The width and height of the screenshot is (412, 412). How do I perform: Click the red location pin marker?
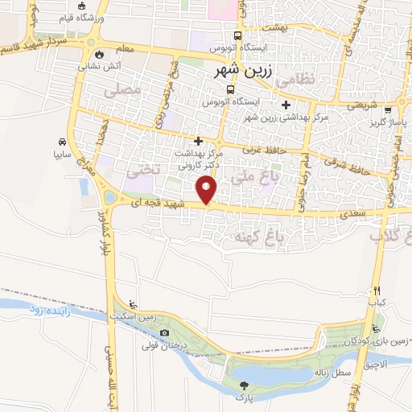pos(208,190)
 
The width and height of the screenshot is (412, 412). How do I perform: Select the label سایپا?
pos(63,151)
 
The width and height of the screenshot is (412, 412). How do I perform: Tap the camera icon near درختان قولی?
pos(165,333)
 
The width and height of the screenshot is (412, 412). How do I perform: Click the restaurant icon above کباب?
pos(376,291)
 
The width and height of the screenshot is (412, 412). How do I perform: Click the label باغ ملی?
pos(253,173)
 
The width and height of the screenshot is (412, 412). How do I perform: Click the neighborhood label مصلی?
pos(122,91)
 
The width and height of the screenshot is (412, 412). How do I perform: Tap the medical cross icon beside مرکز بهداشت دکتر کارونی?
pos(198,142)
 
